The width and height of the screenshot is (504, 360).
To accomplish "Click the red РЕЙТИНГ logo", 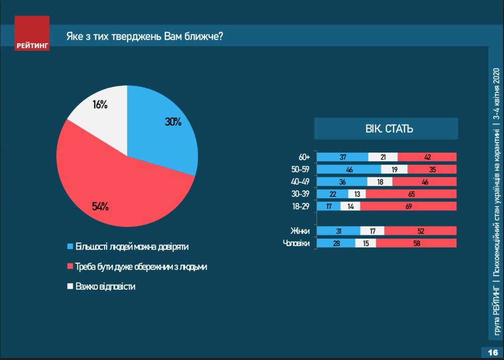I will (32, 34).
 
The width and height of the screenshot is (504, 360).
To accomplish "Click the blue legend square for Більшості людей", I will (70, 247).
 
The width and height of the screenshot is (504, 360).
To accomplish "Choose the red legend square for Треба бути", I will (70, 267).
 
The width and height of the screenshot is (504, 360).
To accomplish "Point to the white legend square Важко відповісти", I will (70, 287).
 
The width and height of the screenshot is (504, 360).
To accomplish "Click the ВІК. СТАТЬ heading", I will (386, 129).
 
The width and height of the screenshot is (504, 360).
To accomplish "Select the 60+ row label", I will (305, 157).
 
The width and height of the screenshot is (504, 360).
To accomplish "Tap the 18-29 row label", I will (303, 206).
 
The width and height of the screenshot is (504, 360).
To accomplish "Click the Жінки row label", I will (300, 231).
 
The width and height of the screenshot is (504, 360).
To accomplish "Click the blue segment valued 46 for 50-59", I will (349, 170).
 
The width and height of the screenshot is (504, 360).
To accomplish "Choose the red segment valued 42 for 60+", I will (427, 157).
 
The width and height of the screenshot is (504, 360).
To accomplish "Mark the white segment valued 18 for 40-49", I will (380, 182).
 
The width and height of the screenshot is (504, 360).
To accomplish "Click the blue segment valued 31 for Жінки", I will (338, 231).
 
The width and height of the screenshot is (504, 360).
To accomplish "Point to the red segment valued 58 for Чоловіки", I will (416, 244).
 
